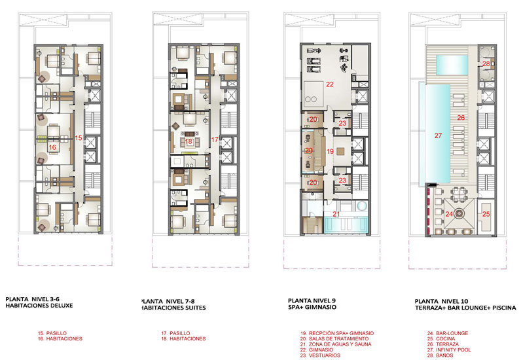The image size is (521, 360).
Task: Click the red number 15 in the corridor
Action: [79, 137]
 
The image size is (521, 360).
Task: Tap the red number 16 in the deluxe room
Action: [52, 147]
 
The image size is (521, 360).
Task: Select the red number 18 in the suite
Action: [189, 141]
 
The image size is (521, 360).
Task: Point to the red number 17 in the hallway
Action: [215, 139]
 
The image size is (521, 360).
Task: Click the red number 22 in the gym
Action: [330, 84]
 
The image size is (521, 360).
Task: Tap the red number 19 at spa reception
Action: [330, 152]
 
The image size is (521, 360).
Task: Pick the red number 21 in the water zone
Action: [336, 214]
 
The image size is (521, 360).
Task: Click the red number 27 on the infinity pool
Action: [439, 135]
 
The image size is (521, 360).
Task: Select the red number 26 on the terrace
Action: [461, 118]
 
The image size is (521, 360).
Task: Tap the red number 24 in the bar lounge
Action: [449, 214]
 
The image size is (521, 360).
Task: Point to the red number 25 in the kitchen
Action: [486, 214]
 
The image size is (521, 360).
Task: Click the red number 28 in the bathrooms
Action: [486, 64]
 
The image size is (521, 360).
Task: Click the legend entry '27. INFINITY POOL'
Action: [449, 350]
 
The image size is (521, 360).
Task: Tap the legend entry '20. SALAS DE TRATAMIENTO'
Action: [334, 338]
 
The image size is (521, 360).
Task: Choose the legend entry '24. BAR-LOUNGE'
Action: [448, 333]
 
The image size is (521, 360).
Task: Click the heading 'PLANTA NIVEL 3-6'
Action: [33, 299]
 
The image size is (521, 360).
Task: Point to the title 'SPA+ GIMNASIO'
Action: [312, 308]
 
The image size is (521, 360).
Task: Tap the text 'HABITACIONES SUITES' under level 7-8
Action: [173, 308]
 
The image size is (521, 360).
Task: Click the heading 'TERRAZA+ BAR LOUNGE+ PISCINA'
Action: [465, 308]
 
